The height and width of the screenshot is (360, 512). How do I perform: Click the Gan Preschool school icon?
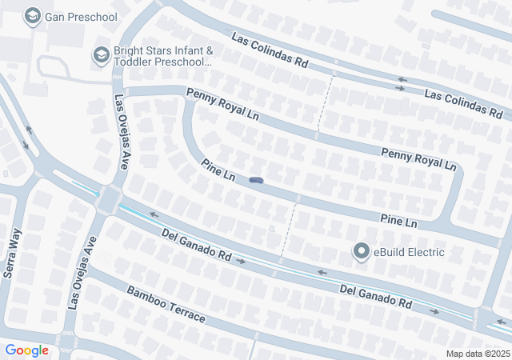point(33,16)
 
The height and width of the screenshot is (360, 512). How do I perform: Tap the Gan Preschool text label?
point(82,16)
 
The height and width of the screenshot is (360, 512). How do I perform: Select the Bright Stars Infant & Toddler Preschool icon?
point(101,54)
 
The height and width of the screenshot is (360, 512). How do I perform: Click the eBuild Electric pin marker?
point(362,253)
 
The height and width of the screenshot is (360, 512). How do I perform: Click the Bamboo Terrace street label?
point(166,305)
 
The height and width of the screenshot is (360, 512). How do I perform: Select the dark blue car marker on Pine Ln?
point(257,180)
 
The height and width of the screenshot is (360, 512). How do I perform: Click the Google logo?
point(27,350)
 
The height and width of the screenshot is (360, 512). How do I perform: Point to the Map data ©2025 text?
point(477,354)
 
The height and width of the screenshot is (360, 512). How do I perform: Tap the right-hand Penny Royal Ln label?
point(418,159)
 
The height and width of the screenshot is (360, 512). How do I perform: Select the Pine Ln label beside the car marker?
point(218,170)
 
